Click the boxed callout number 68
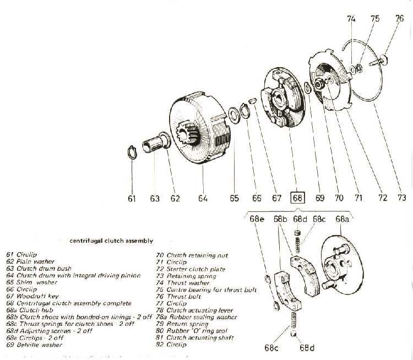[x=297, y=198]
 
